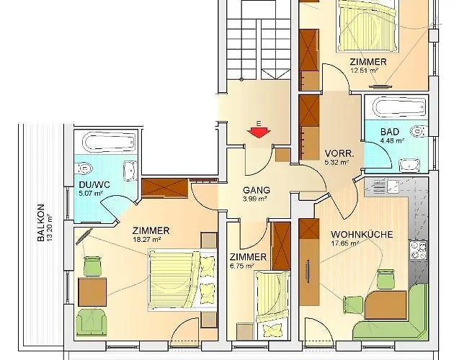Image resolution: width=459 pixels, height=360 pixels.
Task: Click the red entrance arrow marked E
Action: point(257,131)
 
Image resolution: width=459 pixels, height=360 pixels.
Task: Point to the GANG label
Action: point(256,190)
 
